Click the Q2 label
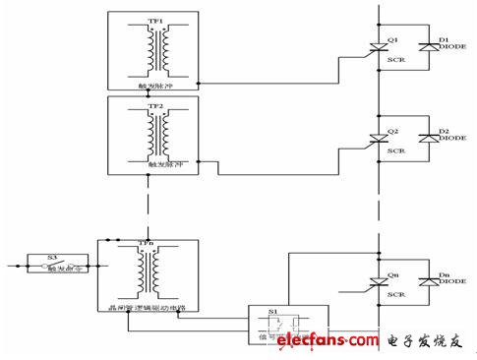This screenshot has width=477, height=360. point(392,129)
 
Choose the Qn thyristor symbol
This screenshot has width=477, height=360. point(378,281)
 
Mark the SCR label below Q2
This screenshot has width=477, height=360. point(395,152)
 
